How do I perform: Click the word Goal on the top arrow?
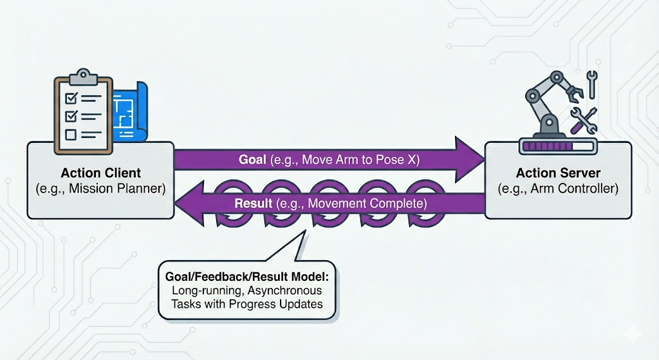tap(252, 160)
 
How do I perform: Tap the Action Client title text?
tap(100, 173)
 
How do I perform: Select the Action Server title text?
tap(558, 173)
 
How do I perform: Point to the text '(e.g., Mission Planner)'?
tap(100, 189)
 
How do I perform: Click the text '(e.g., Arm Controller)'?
tap(558, 189)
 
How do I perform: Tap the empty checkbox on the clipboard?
tap(71, 135)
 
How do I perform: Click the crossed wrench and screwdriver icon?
tap(584, 120)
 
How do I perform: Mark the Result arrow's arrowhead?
tap(190, 204)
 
